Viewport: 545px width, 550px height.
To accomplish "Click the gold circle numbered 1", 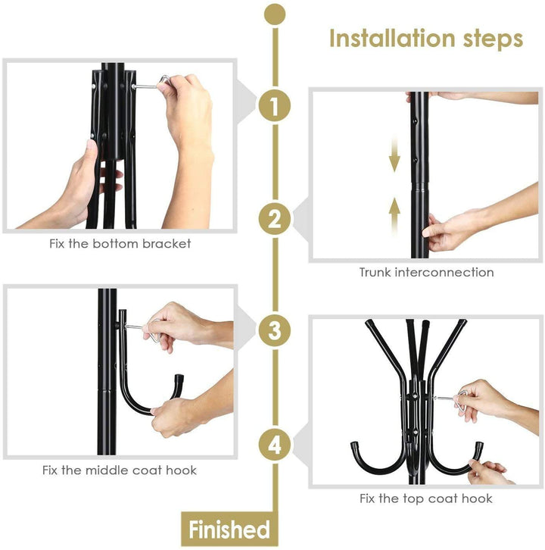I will [x=274, y=106].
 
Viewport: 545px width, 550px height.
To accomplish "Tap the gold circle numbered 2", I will [x=274, y=220].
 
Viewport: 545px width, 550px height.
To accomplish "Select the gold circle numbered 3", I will [x=274, y=331].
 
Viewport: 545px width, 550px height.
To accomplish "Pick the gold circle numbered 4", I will [x=274, y=445].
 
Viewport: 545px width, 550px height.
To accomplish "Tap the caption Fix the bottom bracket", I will [x=115, y=244].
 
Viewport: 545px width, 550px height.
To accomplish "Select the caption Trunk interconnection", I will [x=426, y=272].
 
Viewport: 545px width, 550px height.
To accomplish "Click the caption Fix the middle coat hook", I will [x=120, y=470].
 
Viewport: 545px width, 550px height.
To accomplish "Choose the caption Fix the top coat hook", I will [x=425, y=498].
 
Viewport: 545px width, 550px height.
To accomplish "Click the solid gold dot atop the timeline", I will [x=274, y=13].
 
